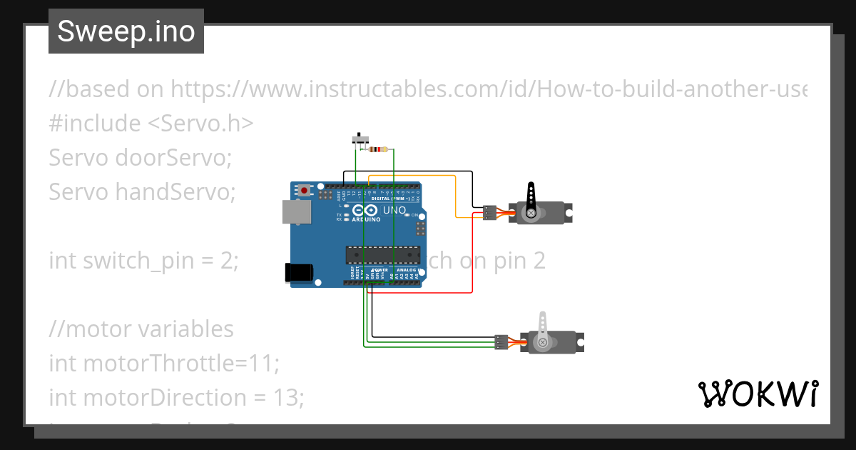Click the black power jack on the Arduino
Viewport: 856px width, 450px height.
click(x=298, y=272)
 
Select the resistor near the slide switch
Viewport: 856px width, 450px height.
click(x=377, y=150)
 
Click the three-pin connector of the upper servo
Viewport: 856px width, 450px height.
click(x=489, y=213)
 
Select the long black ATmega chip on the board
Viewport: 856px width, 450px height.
click(x=382, y=254)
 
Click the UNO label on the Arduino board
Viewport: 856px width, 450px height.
click(x=395, y=211)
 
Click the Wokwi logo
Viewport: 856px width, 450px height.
click(x=758, y=394)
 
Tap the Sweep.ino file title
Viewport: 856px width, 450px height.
click(x=126, y=31)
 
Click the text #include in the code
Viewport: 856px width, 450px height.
click(x=95, y=123)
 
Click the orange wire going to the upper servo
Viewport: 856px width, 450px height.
click(x=455, y=193)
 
